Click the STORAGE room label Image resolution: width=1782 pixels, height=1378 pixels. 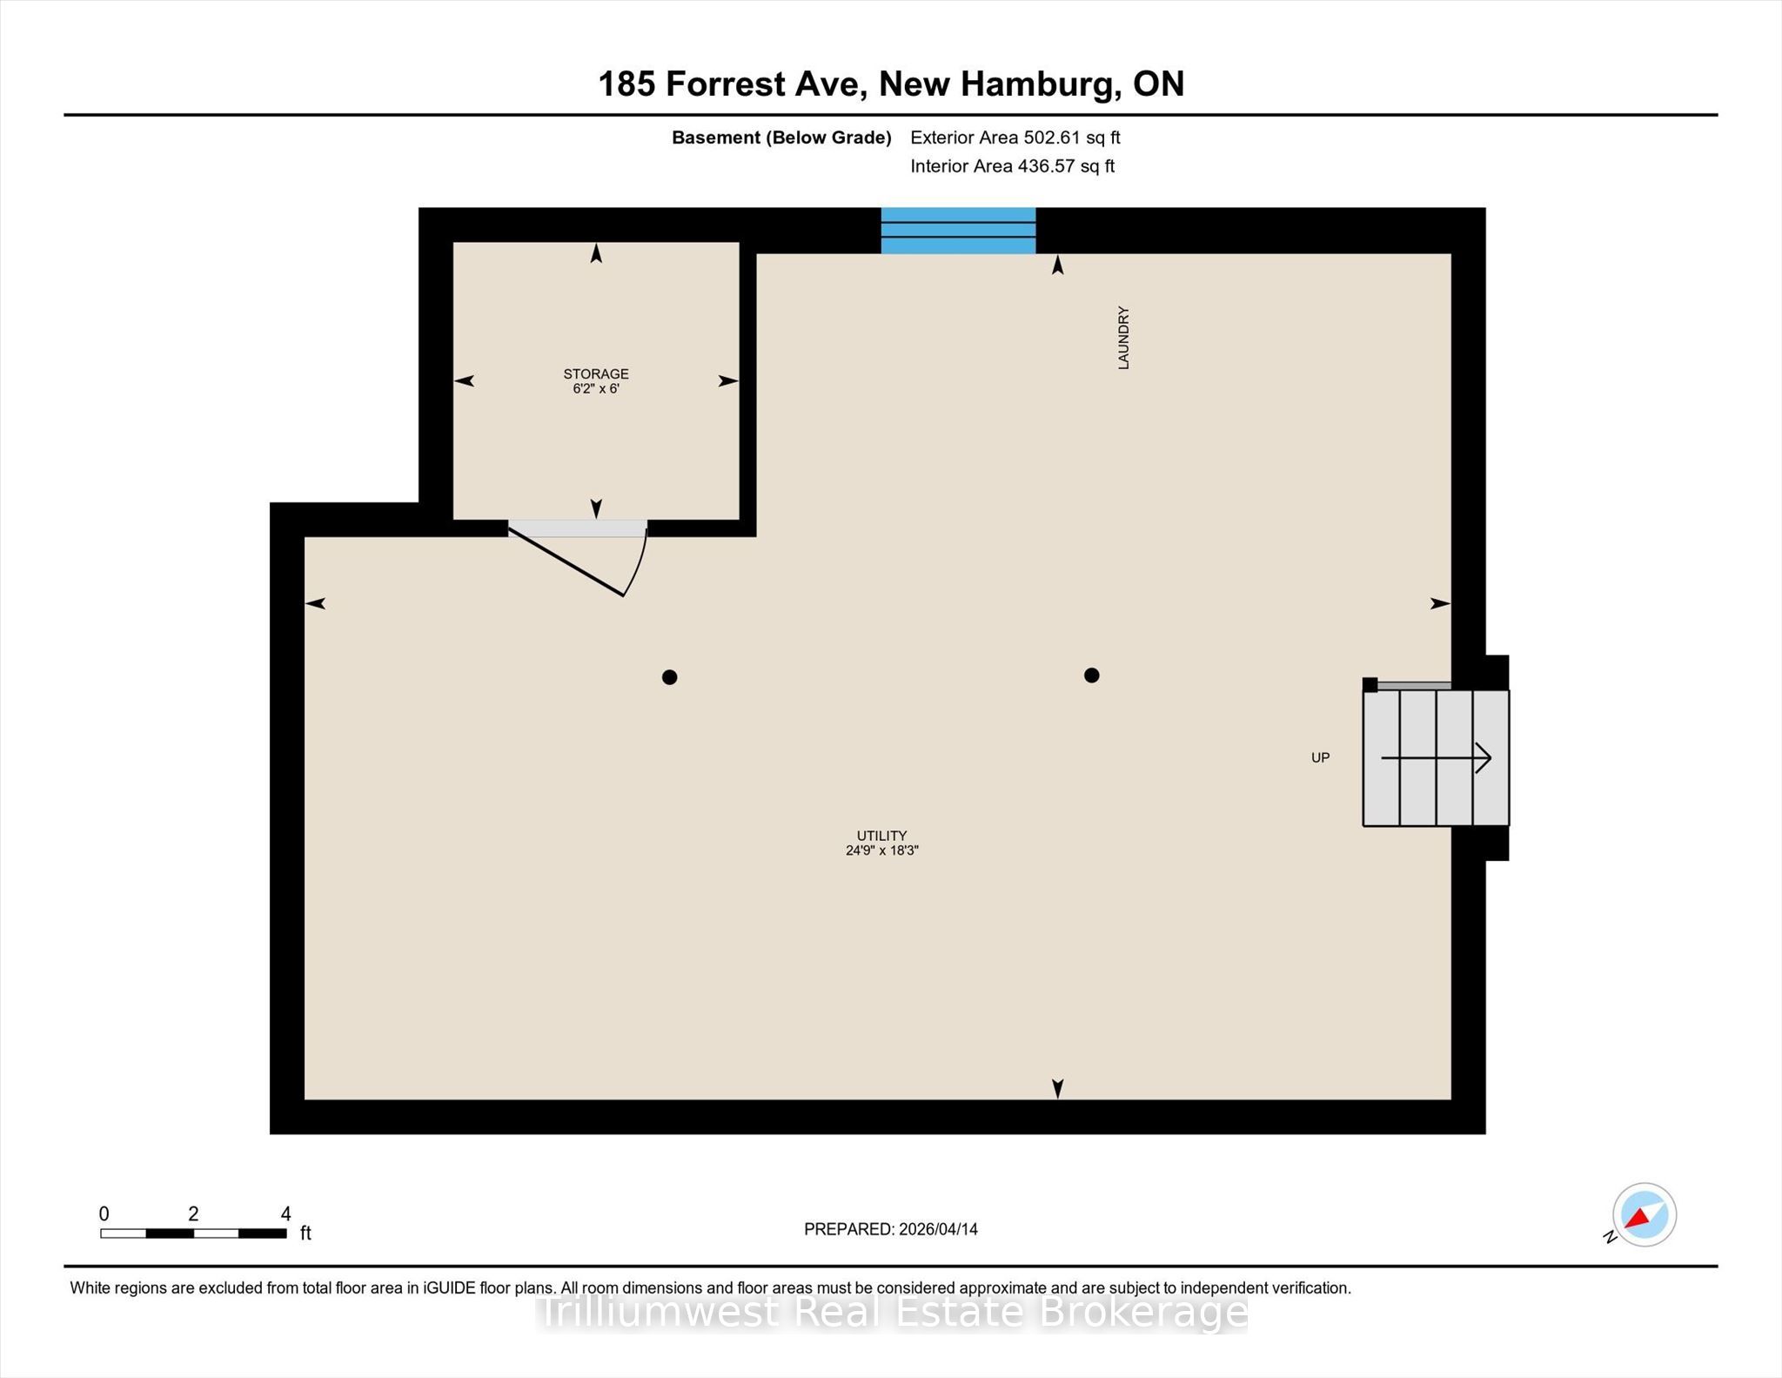pos(595,373)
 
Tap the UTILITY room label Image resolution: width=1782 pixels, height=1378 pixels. pos(881,835)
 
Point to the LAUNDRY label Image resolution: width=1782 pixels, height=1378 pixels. pos(1123,338)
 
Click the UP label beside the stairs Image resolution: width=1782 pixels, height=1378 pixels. pos(1320,757)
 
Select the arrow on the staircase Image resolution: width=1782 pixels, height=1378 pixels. pos(1437,757)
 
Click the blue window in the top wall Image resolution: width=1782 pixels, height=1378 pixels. pos(958,231)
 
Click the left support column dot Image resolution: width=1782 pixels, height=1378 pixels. pos(669,677)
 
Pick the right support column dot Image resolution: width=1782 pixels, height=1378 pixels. pos(1091,675)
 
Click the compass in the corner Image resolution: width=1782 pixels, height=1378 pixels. pos(1644,1214)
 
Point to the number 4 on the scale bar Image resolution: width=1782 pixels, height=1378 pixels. pos(285,1213)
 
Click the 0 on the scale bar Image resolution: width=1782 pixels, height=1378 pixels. pos(104,1213)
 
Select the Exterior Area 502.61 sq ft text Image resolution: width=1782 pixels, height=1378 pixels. pos(1015,138)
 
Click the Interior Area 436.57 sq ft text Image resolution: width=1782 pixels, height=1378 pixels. pos(1012,166)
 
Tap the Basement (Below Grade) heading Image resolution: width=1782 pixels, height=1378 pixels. pos(781,138)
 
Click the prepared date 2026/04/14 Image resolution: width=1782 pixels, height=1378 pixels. pos(938,1229)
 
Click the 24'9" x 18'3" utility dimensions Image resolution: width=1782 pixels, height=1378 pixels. pos(881,850)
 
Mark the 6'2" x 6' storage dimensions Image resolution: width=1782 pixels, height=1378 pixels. pos(595,388)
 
